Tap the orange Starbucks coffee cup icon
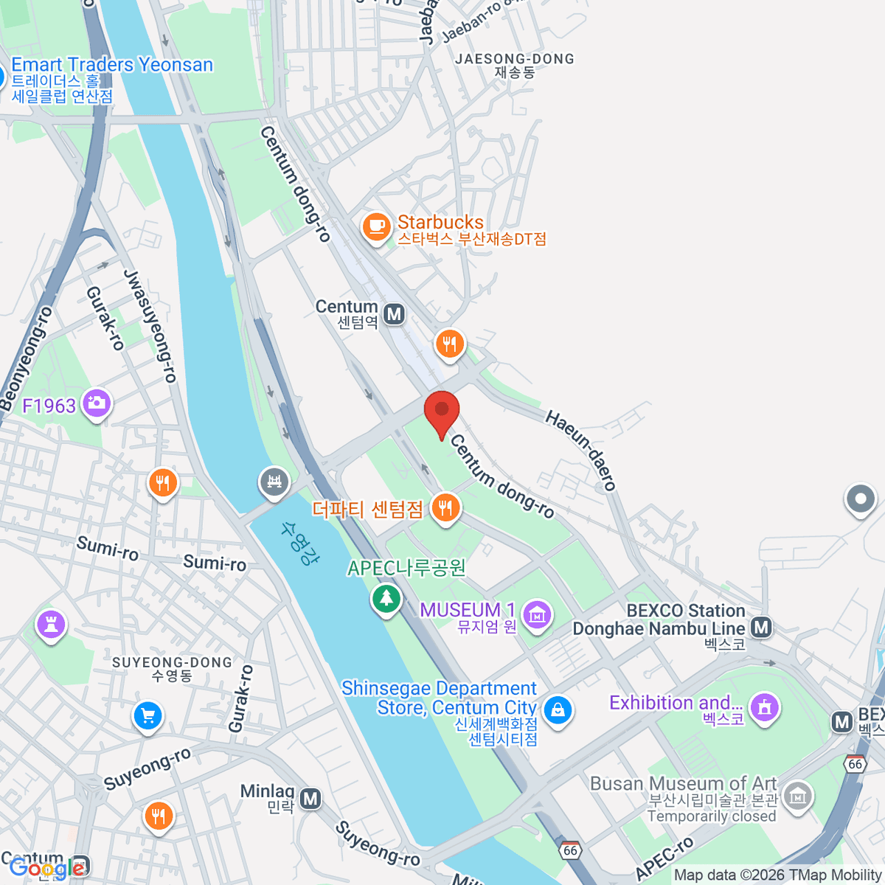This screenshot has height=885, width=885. pos(376,225)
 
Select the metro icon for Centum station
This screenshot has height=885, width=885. pos(395,314)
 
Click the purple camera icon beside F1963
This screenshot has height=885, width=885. pos(97,403)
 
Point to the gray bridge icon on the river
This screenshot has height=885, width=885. pos(274,482)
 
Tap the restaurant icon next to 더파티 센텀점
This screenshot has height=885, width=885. pos(445,508)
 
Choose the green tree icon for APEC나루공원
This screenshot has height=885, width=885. pos(386,598)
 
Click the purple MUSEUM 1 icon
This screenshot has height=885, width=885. pos(536,614)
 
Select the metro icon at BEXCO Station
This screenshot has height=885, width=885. pos(761,628)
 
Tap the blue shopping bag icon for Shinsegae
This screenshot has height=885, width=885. pos(558,710)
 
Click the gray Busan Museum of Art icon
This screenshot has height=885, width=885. pos(798,796)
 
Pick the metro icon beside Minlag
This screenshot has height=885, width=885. pos(311,798)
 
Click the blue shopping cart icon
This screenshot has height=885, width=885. pos(148,715)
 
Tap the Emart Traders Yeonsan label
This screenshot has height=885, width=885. pos(112,65)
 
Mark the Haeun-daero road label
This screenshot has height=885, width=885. pos(581,450)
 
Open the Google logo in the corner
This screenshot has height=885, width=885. pos(46,868)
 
